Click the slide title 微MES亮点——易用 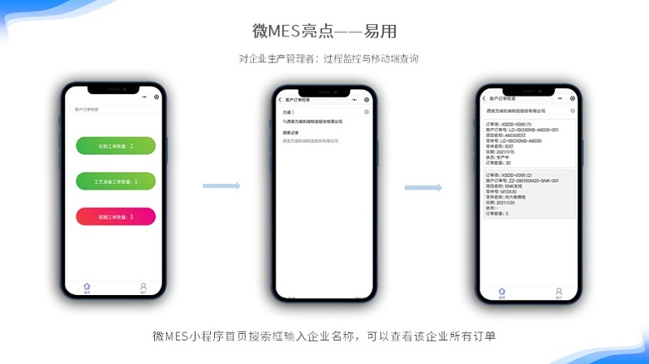tap(324, 32)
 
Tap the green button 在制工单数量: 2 tap(115, 146)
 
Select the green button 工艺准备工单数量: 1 tap(115, 182)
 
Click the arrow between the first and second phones tap(221, 186)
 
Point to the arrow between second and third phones tap(423, 187)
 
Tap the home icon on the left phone tap(87, 287)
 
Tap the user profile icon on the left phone tap(143, 287)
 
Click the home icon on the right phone tap(501, 293)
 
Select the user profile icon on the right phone tap(558, 293)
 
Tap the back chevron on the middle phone tap(280, 99)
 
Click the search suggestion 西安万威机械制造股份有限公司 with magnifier tap(313, 122)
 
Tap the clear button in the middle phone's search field tap(367, 111)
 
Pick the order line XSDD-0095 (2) tap(505, 175)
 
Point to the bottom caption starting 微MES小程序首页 tap(324, 336)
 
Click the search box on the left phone tap(114, 108)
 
